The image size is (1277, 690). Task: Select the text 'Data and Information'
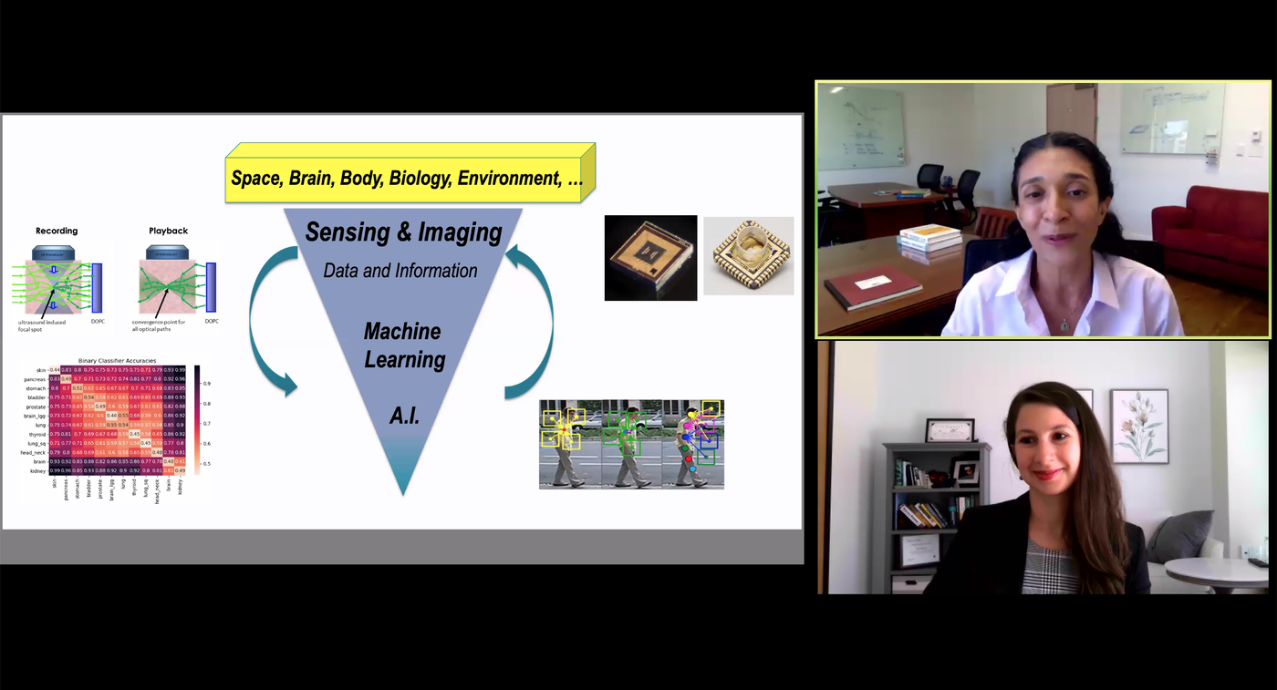click(x=400, y=271)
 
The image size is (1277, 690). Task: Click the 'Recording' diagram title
click(x=57, y=231)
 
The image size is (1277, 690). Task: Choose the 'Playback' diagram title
click(x=168, y=231)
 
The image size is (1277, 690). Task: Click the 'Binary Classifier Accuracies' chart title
click(x=117, y=361)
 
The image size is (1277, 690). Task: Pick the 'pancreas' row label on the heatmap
click(x=36, y=379)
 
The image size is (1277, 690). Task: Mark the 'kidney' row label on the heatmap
click(x=37, y=471)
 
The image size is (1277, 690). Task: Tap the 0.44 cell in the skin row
click(x=55, y=370)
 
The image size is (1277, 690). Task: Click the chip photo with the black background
click(x=650, y=258)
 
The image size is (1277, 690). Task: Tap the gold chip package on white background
click(x=748, y=255)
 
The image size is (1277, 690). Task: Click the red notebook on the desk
click(x=873, y=286)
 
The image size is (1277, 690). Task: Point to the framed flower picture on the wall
click(x=1139, y=426)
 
